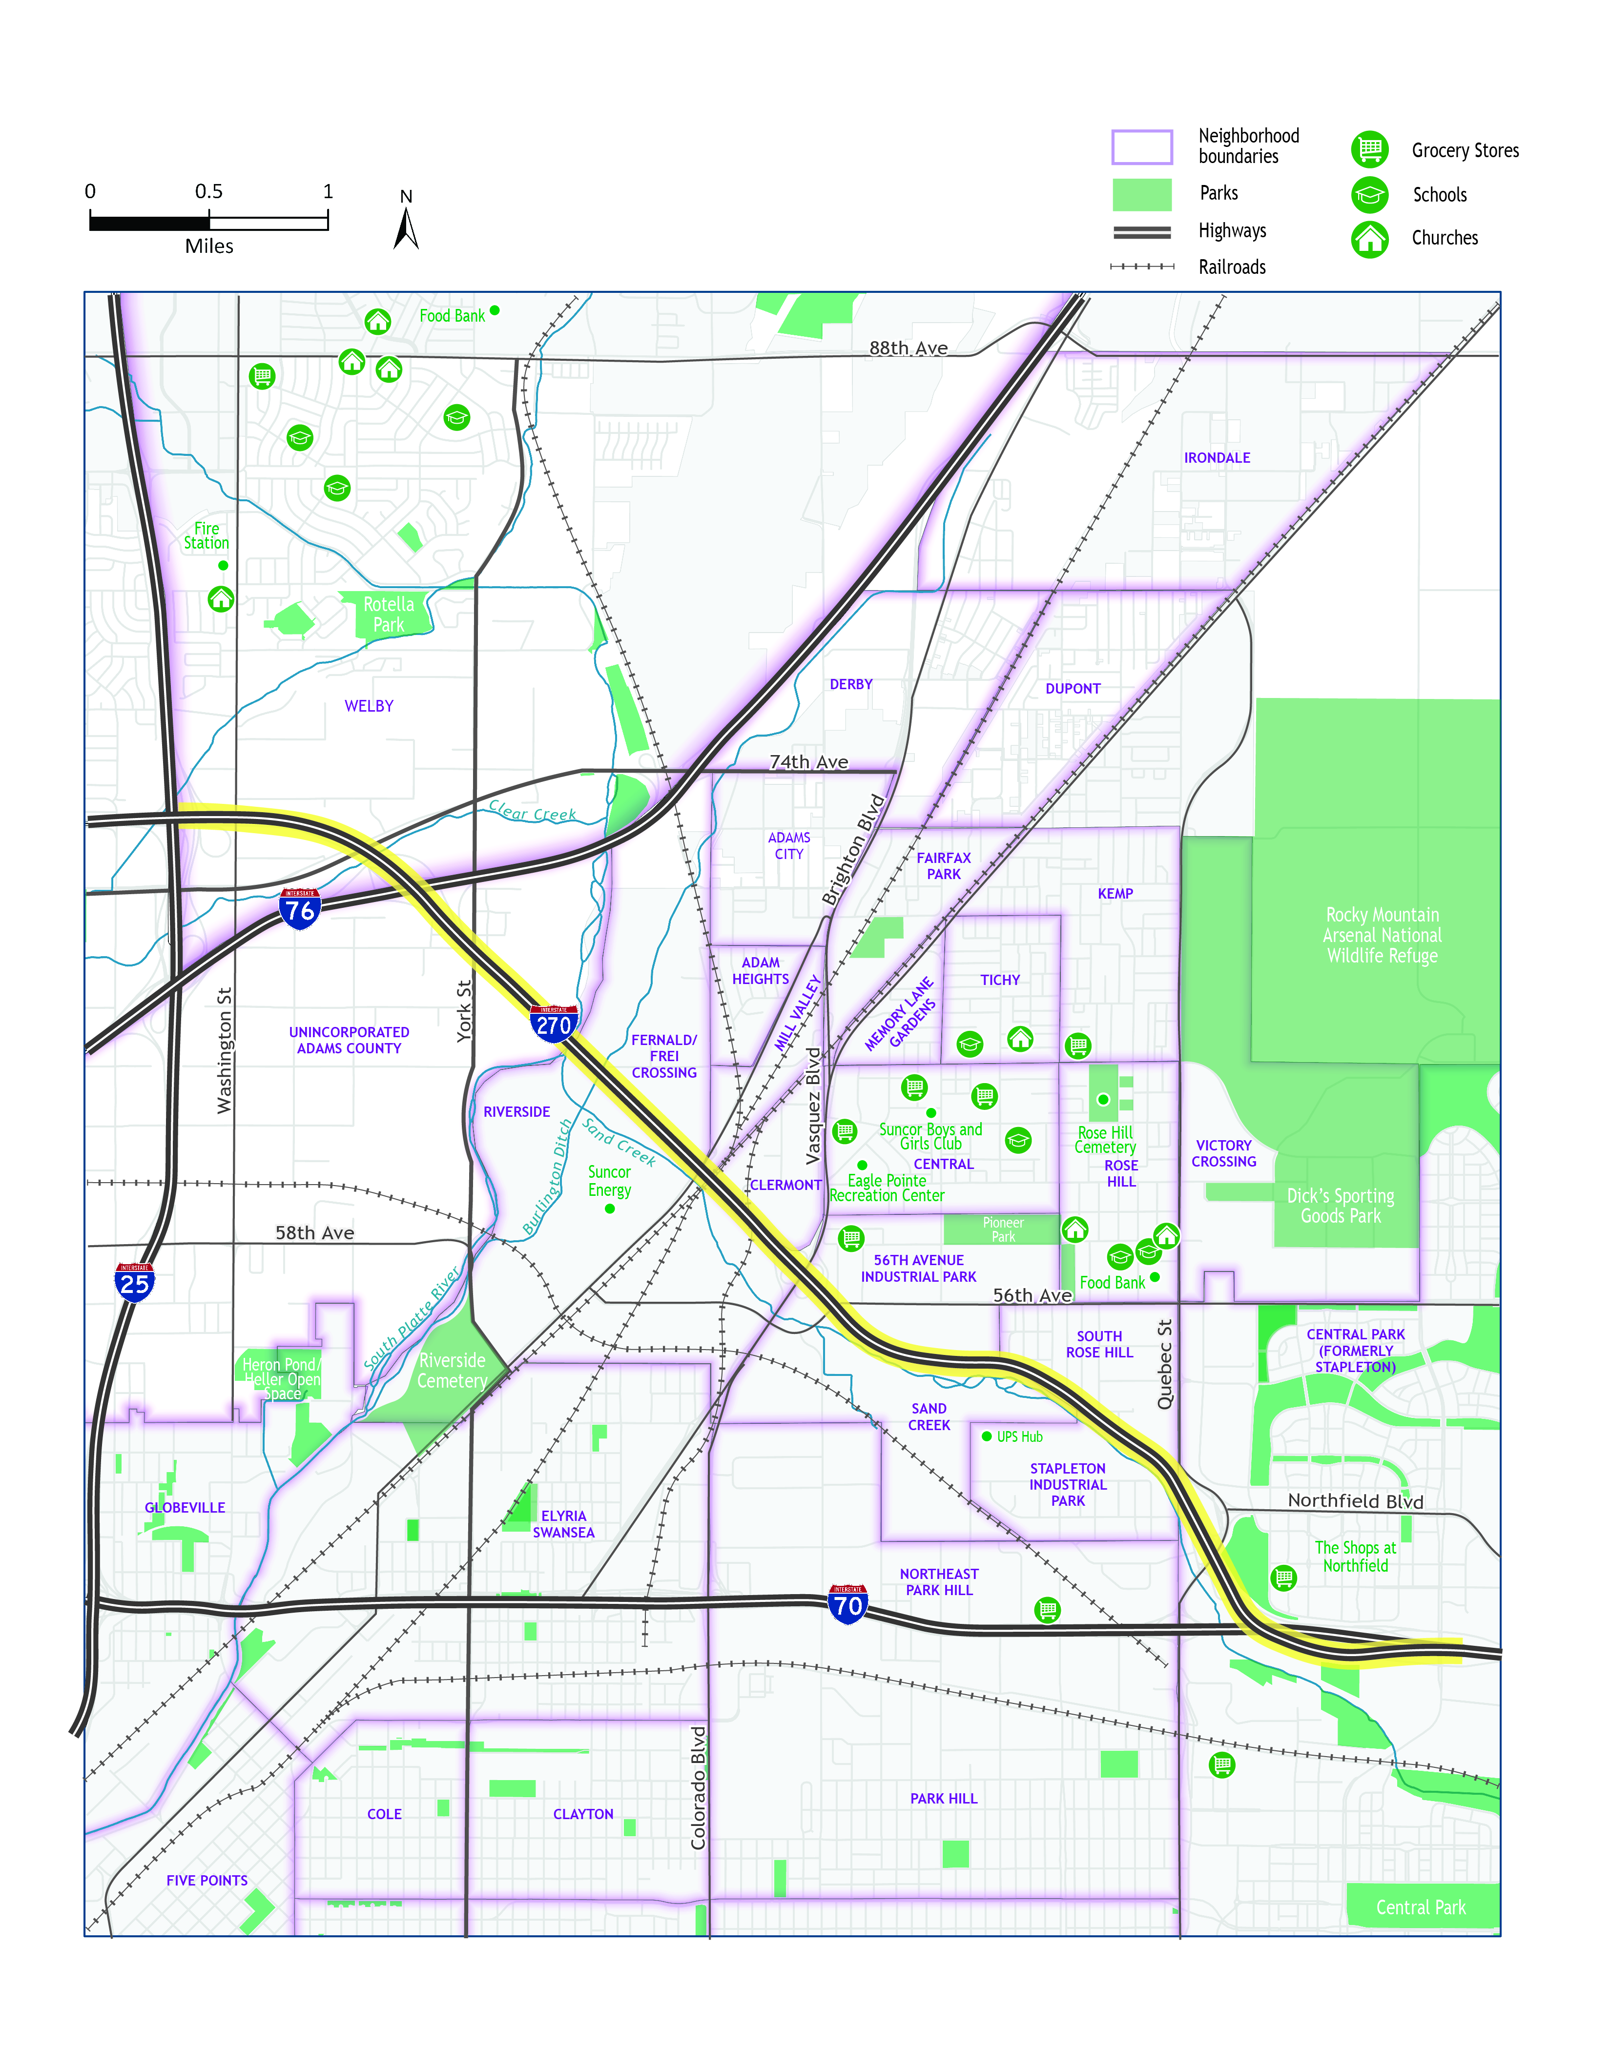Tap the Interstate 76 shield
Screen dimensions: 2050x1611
(300, 909)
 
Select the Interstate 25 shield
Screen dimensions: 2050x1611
(134, 1282)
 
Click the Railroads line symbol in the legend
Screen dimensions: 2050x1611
(1142, 267)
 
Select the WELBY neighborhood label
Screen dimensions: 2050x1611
(369, 706)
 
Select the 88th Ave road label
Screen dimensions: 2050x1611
(909, 348)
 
